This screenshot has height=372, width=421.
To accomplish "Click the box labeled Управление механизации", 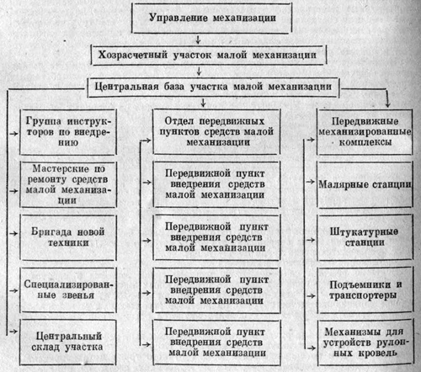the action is point(211,19).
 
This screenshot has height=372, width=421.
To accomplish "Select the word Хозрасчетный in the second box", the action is point(132,55).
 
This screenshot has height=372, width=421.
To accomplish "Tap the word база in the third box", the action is point(174,86).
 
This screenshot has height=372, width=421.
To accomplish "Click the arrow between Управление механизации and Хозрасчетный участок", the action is point(198,40).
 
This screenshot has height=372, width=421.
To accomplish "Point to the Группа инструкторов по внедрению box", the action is point(68,132).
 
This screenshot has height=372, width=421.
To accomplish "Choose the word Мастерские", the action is point(61,169).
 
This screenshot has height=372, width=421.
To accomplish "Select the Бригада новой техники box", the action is point(68,237).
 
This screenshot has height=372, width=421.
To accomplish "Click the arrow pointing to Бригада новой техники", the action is point(13,233).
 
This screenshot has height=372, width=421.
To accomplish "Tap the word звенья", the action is point(78,295).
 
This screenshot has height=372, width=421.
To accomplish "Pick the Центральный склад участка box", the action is point(67,342).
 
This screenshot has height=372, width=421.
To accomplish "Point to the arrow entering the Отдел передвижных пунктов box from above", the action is point(203,103).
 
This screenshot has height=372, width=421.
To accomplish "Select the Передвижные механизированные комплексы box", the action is point(365,132).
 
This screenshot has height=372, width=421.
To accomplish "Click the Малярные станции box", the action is point(365,184).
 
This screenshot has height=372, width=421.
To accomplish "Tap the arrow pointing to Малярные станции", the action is point(310,182).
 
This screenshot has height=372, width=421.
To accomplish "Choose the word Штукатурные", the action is point(364,232).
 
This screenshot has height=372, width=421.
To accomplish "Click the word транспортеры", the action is point(363,295).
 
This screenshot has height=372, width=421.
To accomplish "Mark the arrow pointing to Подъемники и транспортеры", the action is point(311,295).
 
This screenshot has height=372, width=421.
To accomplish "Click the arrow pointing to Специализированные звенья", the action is point(13,290).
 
